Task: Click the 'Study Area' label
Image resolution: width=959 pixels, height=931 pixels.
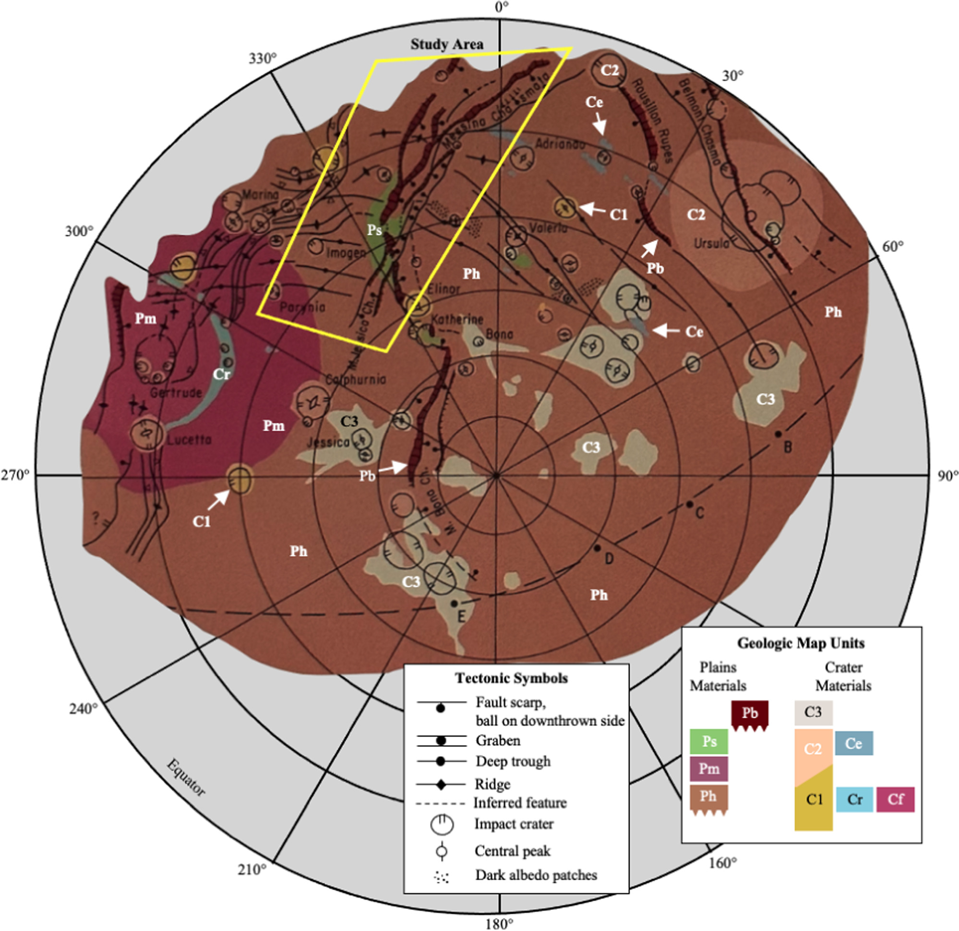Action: click(447, 44)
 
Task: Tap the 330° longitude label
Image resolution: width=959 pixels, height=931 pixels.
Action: click(262, 59)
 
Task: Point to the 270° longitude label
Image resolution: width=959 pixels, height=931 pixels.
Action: click(15, 475)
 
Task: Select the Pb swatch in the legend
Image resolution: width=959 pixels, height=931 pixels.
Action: click(750, 713)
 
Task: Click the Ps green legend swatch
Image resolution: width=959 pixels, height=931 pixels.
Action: click(708, 741)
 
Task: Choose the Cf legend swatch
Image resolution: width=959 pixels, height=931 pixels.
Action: click(895, 799)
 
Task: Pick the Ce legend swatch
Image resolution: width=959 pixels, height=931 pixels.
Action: click(853, 744)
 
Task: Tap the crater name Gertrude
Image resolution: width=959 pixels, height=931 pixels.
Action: click(176, 393)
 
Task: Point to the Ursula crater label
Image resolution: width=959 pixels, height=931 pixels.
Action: click(711, 243)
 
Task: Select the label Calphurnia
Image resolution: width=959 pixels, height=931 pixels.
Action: click(355, 379)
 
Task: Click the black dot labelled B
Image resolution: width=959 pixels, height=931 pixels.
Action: click(778, 434)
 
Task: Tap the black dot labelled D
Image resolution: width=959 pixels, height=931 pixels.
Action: click(597, 548)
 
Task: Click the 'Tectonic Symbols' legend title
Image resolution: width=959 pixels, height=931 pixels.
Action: click(511, 678)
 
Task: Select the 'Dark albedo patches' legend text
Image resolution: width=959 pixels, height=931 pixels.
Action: click(536, 875)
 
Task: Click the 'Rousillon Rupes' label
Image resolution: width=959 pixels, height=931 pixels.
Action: click(652, 120)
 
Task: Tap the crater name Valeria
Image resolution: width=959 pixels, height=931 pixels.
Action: click(548, 228)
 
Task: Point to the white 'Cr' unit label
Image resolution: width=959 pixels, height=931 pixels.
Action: click(221, 374)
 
